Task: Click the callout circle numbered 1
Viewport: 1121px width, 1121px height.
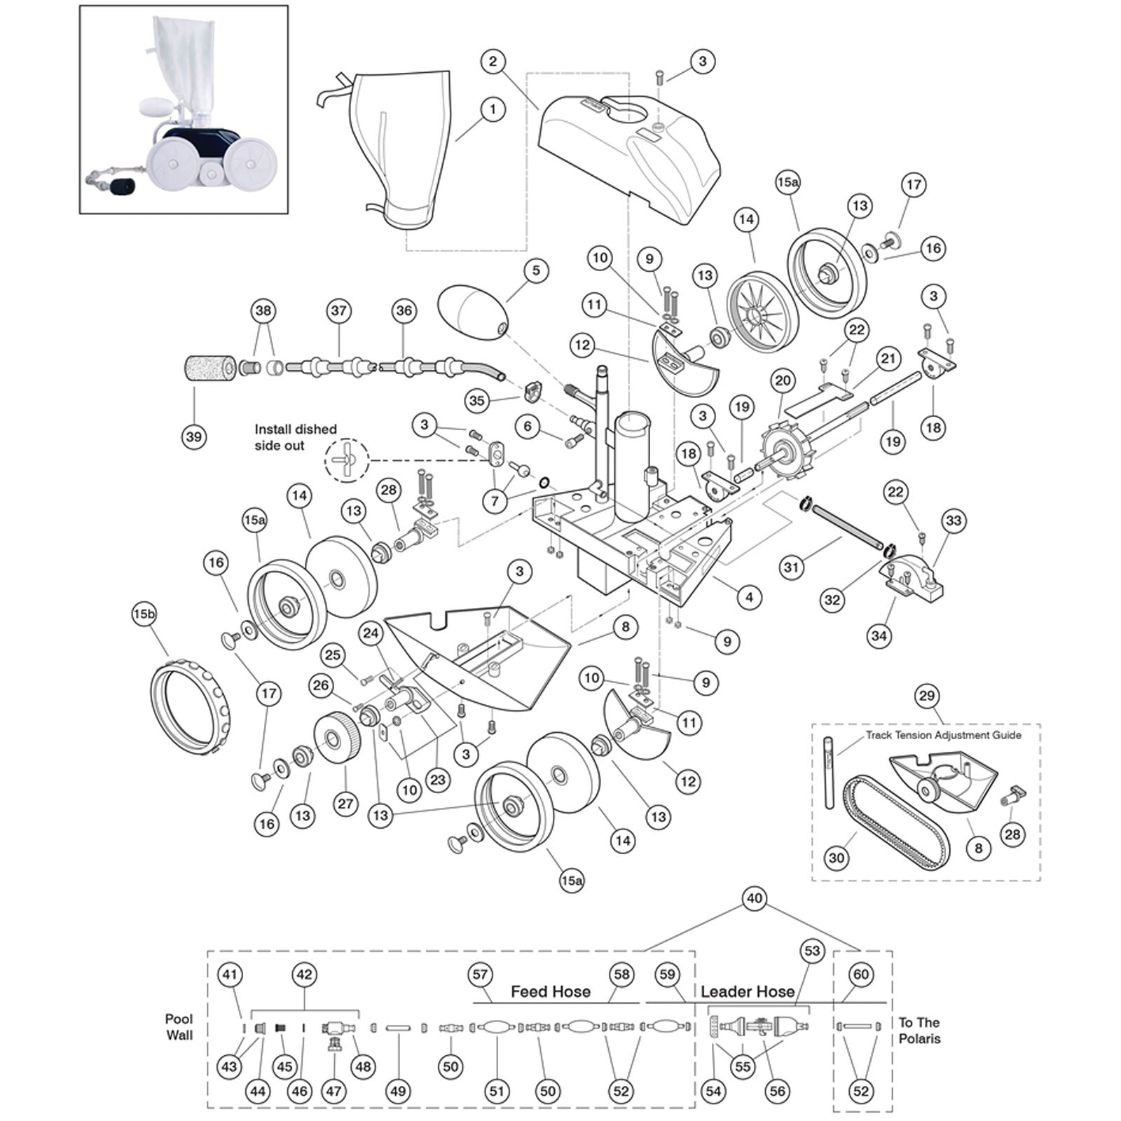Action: pos(493,109)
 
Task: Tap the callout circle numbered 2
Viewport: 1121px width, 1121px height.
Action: pos(493,62)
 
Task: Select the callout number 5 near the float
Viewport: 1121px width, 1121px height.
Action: pos(536,271)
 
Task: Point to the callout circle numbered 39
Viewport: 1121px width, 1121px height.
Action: pos(194,436)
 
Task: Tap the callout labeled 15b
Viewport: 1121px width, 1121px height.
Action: pos(144,614)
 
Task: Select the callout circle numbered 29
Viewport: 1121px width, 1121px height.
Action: pos(927,696)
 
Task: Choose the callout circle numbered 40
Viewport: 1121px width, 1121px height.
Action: pos(754,898)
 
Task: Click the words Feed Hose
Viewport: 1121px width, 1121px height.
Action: pos(550,991)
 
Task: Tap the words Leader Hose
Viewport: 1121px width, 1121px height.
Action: pos(748,991)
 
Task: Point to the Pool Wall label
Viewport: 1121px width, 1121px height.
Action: pos(179,1027)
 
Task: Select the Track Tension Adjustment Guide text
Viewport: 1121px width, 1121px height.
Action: pos(943,735)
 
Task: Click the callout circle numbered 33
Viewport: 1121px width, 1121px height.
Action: pos(954,521)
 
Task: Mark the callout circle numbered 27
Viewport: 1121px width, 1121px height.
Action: pos(345,803)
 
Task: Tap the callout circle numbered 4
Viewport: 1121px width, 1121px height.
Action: pos(749,598)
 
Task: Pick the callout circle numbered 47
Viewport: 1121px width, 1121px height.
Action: pos(333,1091)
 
